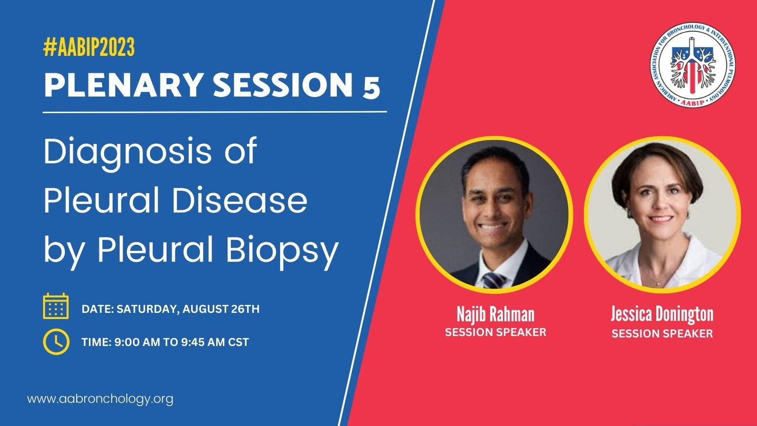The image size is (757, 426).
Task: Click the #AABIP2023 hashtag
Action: [x=89, y=47]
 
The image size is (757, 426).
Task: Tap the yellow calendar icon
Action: [x=56, y=306]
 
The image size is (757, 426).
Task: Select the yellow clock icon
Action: [x=56, y=341]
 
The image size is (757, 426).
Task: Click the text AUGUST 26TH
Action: [x=221, y=309]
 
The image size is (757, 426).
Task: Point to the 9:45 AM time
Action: [x=202, y=342]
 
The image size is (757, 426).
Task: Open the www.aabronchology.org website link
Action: [x=100, y=399]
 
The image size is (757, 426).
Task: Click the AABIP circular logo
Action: [x=693, y=64]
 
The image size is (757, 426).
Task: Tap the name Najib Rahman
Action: [x=495, y=314]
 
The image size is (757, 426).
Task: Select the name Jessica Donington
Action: [x=662, y=314]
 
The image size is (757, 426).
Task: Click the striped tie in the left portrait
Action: [x=494, y=280]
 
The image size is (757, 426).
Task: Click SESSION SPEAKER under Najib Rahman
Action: [x=495, y=332]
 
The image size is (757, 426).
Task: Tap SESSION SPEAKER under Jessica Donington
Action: [x=662, y=334]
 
